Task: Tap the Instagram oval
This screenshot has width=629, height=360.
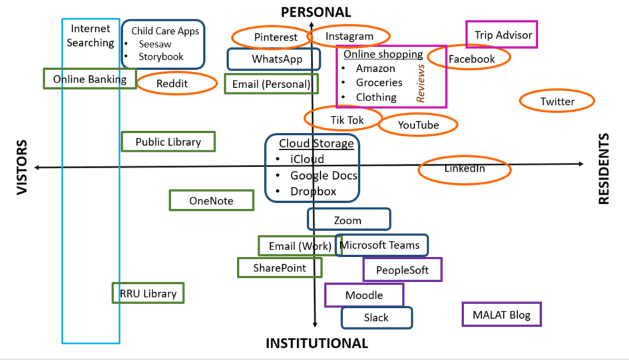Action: pyautogui.click(x=349, y=36)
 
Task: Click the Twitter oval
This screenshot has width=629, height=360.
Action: pyautogui.click(x=556, y=102)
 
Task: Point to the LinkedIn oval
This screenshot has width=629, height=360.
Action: pyautogui.click(x=464, y=170)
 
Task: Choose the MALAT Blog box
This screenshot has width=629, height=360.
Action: pyautogui.click(x=501, y=315)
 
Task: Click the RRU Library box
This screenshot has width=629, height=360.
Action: pyautogui.click(x=148, y=293)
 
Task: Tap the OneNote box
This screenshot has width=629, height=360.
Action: pyautogui.click(x=211, y=201)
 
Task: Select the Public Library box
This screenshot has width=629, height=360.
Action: pyautogui.click(x=168, y=142)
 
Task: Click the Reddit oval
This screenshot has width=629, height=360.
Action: pyautogui.click(x=176, y=83)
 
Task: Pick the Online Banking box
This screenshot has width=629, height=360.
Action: pyautogui.click(x=89, y=79)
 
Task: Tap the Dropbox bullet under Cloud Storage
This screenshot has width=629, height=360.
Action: pyautogui.click(x=313, y=192)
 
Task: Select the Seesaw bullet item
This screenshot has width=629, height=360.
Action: pyautogui.click(x=154, y=44)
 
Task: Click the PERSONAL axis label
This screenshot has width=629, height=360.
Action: pyautogui.click(x=315, y=12)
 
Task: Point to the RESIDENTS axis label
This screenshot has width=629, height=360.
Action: pyautogui.click(x=604, y=169)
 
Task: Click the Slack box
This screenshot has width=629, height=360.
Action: pyautogui.click(x=376, y=318)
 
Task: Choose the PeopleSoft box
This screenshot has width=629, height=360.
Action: pyautogui.click(x=402, y=270)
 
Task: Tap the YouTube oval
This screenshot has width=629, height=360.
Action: pyautogui.click(x=418, y=125)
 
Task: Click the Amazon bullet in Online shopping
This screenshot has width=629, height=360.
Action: pyautogui.click(x=375, y=69)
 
